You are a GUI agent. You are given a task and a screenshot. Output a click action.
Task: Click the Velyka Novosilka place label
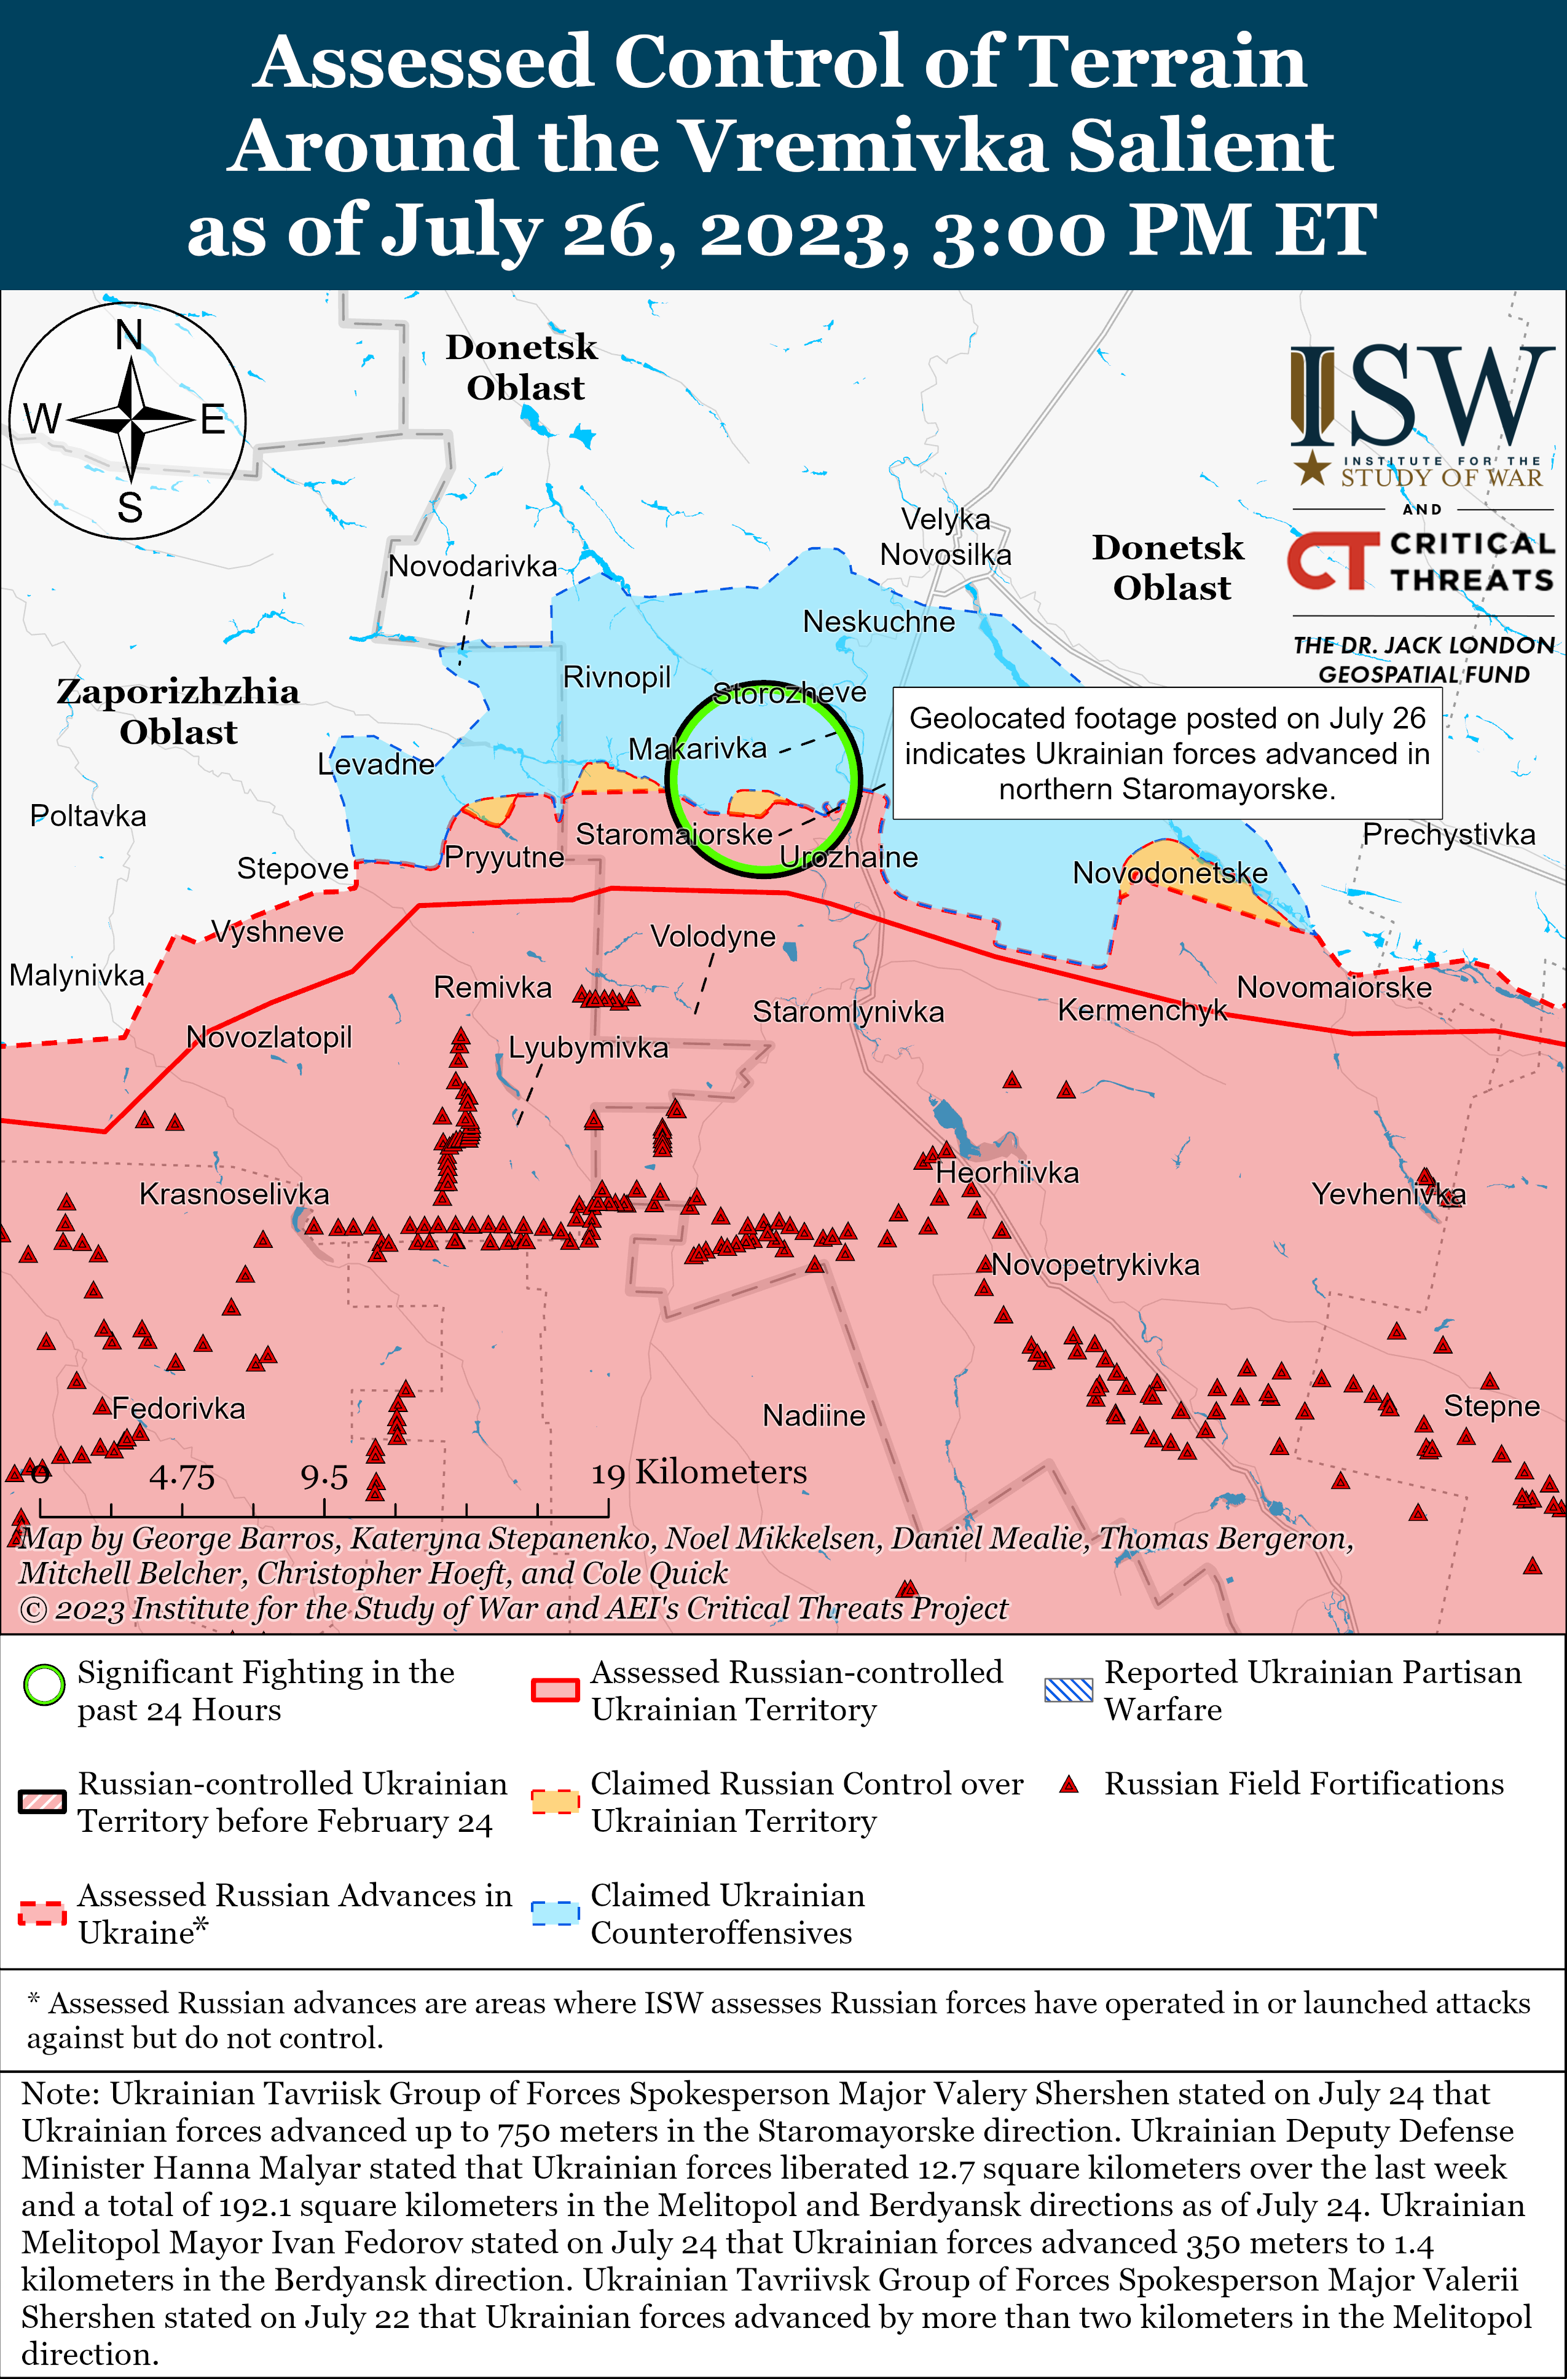click(x=945, y=537)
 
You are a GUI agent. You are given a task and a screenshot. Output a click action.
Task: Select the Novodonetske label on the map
click(x=1169, y=873)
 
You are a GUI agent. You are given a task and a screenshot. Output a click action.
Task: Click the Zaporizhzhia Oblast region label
click(x=178, y=711)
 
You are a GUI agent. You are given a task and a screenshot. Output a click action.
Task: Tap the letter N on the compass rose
click(x=129, y=335)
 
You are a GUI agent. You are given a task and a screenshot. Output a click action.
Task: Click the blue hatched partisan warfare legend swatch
click(x=1067, y=1689)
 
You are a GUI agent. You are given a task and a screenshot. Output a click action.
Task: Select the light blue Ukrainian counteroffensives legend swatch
click(x=555, y=1913)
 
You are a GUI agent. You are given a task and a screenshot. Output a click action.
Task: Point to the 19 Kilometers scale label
click(x=699, y=1472)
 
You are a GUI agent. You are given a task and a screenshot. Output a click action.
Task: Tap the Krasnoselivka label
click(x=234, y=1194)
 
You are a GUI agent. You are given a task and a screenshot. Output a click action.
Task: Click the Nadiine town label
click(x=814, y=1415)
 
